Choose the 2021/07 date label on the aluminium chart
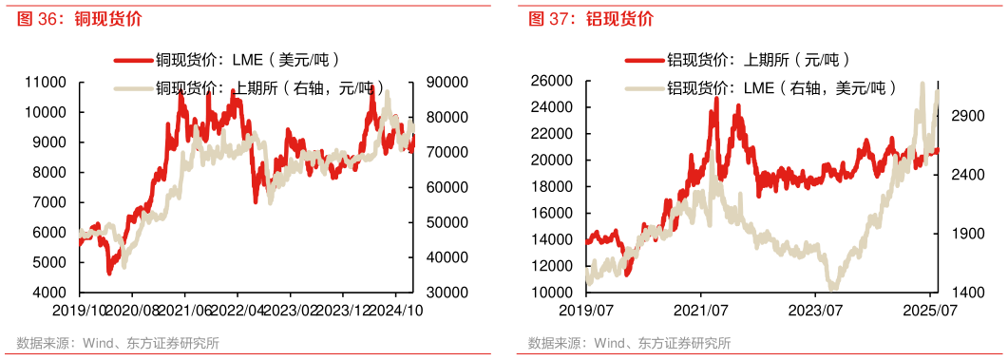702,310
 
